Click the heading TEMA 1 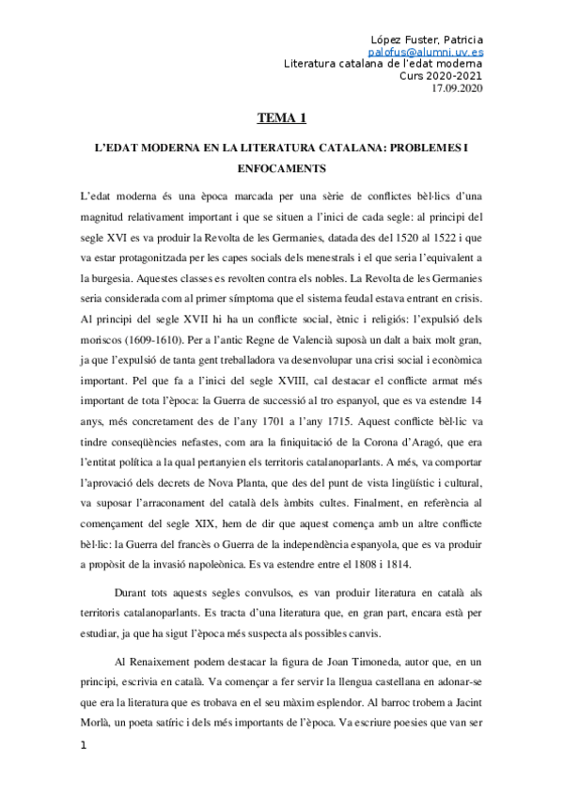pyautogui.click(x=281, y=118)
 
